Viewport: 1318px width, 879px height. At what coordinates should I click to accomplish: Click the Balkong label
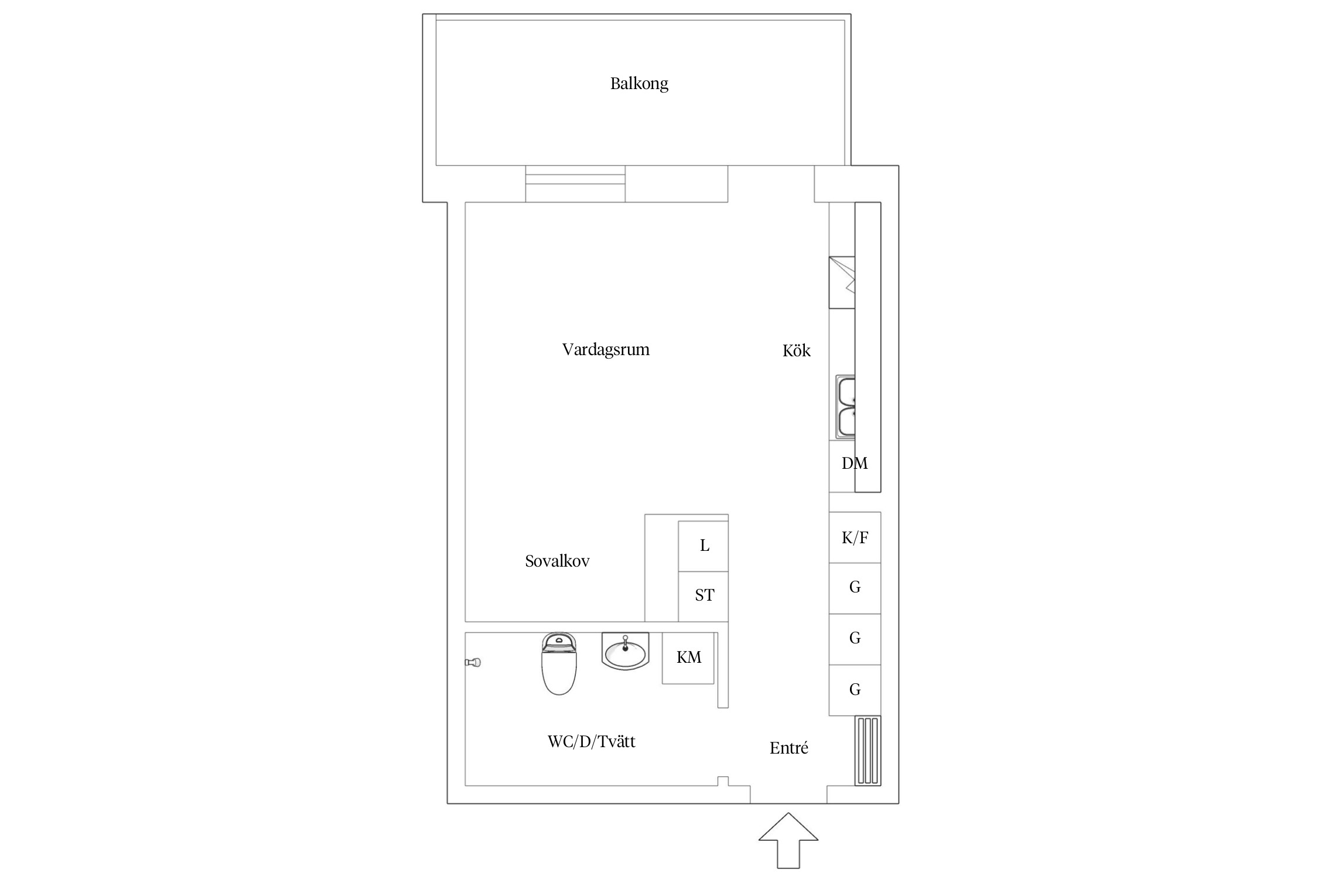639,84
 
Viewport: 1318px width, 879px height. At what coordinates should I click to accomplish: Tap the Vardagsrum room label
606,350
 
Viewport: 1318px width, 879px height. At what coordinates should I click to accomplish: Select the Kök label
796,351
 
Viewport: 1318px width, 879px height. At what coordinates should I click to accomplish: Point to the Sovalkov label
557,561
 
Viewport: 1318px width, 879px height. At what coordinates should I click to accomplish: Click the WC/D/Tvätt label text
591,742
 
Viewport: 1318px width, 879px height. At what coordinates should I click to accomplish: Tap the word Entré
788,748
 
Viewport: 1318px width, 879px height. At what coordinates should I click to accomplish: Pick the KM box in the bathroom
688,658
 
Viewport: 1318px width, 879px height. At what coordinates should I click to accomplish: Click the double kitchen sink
845,407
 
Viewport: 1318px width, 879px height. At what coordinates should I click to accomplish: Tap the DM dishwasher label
854,464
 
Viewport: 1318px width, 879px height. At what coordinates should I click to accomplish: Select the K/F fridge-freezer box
855,538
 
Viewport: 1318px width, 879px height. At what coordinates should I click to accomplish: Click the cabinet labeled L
704,546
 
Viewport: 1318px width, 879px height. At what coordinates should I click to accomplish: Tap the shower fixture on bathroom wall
473,663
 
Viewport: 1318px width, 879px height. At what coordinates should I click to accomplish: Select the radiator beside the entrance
868,751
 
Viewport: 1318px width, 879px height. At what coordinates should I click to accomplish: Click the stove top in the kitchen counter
842,282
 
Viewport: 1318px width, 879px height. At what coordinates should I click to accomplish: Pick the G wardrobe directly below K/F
855,588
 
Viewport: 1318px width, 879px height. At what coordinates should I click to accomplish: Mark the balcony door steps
575,184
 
